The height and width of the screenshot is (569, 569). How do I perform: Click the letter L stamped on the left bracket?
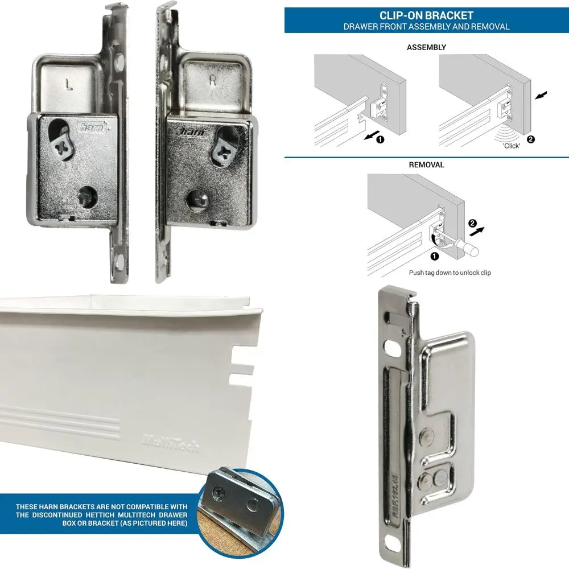(x=68, y=86)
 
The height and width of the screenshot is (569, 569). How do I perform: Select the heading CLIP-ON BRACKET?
(x=426, y=16)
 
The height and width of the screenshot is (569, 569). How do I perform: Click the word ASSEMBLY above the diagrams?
(x=426, y=47)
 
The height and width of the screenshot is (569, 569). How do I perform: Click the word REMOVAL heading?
(x=426, y=165)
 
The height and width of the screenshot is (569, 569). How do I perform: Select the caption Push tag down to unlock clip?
(x=450, y=273)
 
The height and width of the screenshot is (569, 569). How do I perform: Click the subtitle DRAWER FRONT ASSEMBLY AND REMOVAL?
(x=426, y=27)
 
